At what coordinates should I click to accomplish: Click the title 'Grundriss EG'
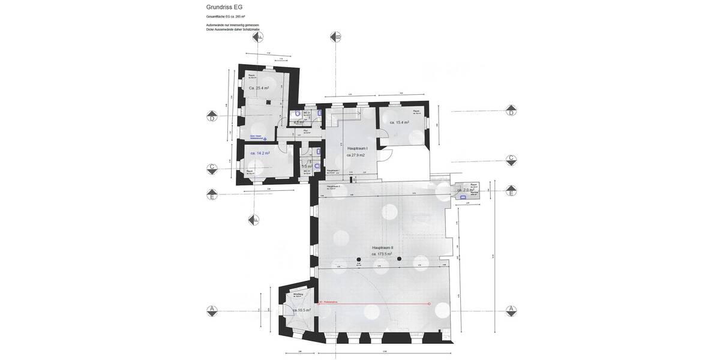[224, 7]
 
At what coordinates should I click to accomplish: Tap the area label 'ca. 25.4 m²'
[259, 88]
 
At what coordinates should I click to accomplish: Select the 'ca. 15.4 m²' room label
[399, 122]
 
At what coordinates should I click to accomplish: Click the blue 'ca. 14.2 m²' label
[260, 153]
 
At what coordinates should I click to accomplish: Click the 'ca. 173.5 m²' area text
[382, 254]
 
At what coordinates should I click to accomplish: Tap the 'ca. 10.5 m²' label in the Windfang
[293, 310]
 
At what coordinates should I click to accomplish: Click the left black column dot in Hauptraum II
[359, 259]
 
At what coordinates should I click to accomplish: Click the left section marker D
[212, 115]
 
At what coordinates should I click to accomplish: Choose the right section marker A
[511, 310]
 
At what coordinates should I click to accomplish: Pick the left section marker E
[212, 194]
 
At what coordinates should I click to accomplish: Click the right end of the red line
[429, 304]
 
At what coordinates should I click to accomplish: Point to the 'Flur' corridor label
[305, 130]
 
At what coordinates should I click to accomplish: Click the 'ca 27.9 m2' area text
[356, 155]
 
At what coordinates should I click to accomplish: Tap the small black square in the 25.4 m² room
[280, 101]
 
